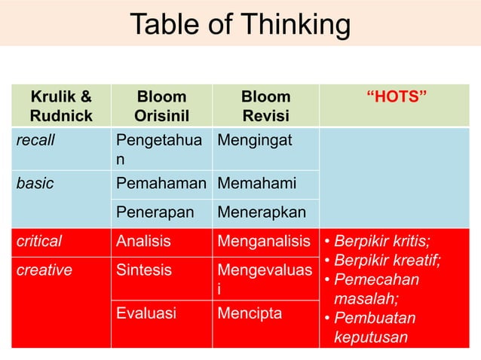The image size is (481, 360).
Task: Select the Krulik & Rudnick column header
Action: [61, 106]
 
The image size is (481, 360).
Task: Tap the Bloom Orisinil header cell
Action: [161, 106]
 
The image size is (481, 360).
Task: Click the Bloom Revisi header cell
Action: [265, 106]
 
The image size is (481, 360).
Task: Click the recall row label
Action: [37, 139]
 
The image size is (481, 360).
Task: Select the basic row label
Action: [35, 183]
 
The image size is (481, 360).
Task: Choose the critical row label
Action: [39, 241]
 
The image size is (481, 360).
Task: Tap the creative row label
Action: [44, 270]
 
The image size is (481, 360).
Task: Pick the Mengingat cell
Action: [256, 139]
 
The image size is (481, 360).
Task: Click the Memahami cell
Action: [256, 183]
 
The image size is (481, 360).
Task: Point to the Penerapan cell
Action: [155, 212]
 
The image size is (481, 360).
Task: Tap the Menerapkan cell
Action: [262, 212]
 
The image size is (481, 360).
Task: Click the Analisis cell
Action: [143, 241]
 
